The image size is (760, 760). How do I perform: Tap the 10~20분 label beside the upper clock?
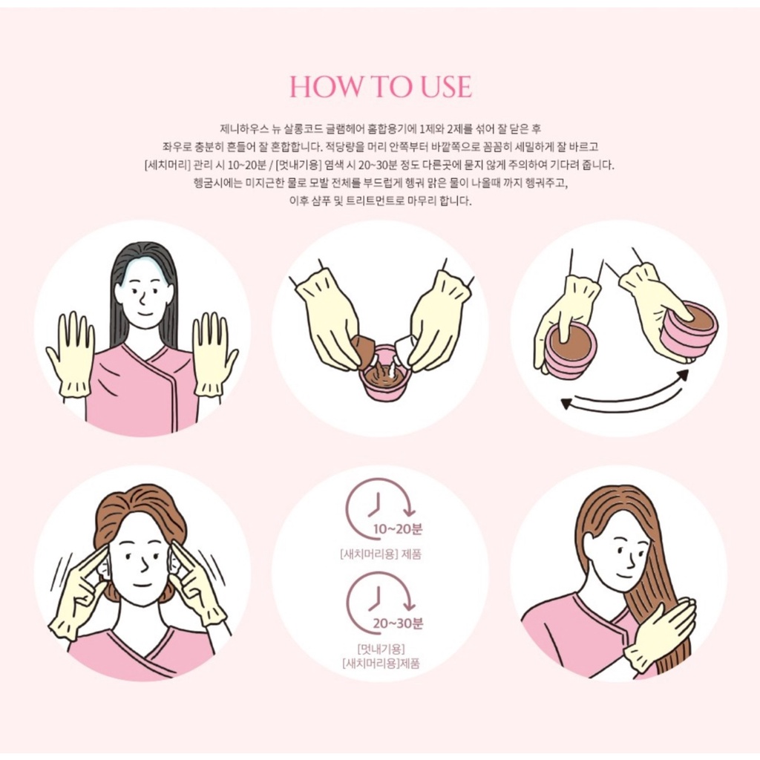tap(398, 528)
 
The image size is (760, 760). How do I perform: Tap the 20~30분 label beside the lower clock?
tap(398, 623)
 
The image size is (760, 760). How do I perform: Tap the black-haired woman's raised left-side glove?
tap(71, 354)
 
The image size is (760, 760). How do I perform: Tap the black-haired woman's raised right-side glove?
tap(214, 354)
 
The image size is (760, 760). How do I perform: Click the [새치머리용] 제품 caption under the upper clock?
tap(381, 554)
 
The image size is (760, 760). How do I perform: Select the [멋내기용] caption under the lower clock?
tap(381, 649)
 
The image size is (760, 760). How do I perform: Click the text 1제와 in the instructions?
tap(432, 129)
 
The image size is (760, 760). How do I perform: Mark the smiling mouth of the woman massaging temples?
tap(142, 585)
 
